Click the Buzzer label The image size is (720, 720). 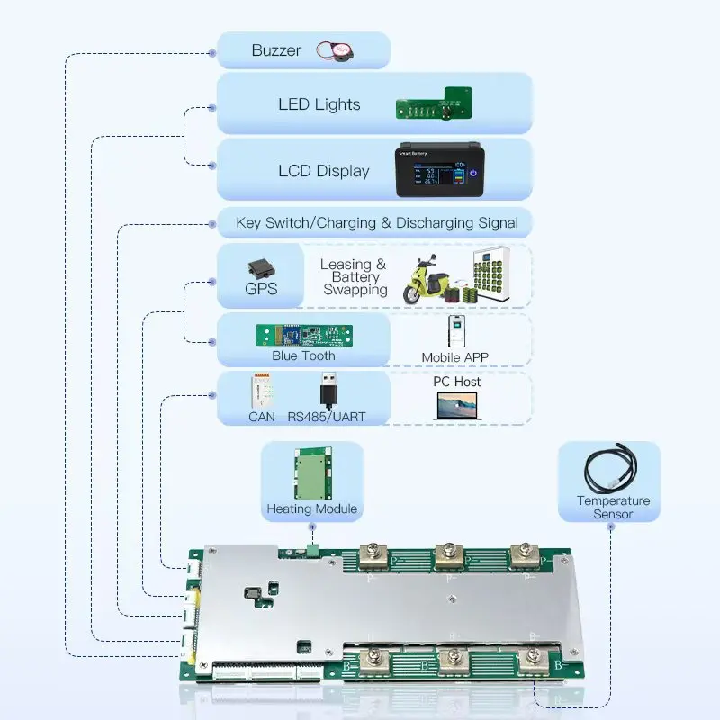[275, 50]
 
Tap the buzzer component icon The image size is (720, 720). [335, 51]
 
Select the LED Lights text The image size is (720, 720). [319, 104]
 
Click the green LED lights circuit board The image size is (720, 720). [436, 107]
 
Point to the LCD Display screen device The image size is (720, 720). [438, 170]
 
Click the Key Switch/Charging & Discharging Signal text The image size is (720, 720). [376, 222]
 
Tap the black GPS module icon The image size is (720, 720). [262, 270]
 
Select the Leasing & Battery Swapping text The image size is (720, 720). [355, 276]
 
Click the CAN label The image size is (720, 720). [262, 417]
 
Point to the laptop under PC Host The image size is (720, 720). [456, 406]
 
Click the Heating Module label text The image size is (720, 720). [311, 508]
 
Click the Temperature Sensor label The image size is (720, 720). [613, 507]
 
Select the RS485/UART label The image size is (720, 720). [327, 417]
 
